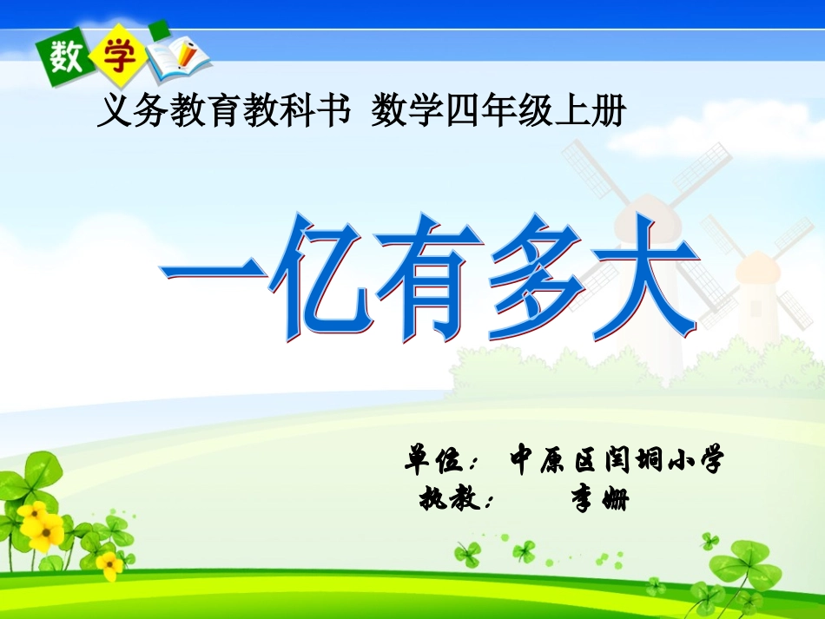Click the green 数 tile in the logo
point(65,59)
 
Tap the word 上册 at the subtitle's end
point(600,112)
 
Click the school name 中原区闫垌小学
point(617,459)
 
